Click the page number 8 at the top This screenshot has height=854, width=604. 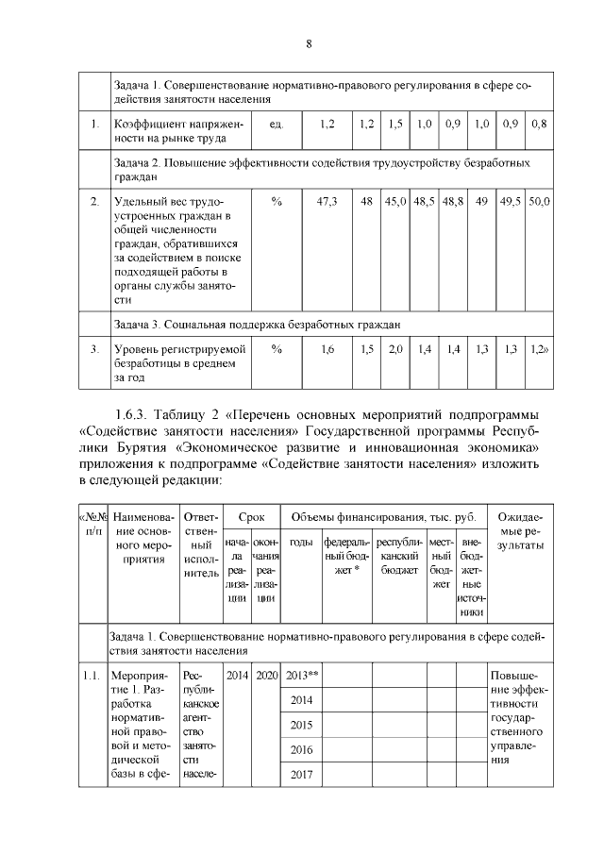coord(308,44)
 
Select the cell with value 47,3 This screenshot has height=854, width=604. coord(327,202)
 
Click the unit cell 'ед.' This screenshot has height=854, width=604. coord(277,124)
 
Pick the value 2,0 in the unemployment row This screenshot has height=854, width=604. coord(395,349)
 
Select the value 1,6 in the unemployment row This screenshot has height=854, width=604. coord(327,349)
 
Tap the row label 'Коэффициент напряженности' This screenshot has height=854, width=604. coord(177,131)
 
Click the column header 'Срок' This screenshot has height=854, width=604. coord(251,517)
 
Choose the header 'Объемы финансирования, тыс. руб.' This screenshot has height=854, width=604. coord(382,517)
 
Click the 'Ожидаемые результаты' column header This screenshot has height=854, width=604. coord(519,532)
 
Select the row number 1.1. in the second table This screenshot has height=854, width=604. coord(91,675)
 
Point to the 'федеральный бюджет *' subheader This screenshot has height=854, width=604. coord(346,557)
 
